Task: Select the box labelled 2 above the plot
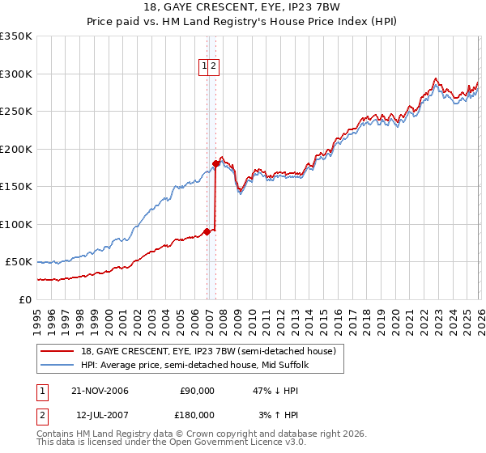click(213, 68)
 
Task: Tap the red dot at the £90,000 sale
click(207, 231)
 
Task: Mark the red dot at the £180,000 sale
click(215, 163)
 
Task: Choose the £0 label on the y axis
click(26, 299)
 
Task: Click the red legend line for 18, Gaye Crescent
click(58, 351)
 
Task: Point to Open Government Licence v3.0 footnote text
click(235, 443)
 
